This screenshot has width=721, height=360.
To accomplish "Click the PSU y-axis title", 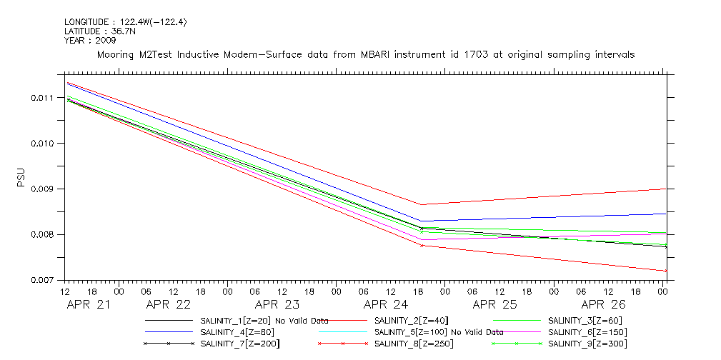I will (x=21, y=176).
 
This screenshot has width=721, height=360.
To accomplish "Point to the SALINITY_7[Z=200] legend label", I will (x=239, y=344).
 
